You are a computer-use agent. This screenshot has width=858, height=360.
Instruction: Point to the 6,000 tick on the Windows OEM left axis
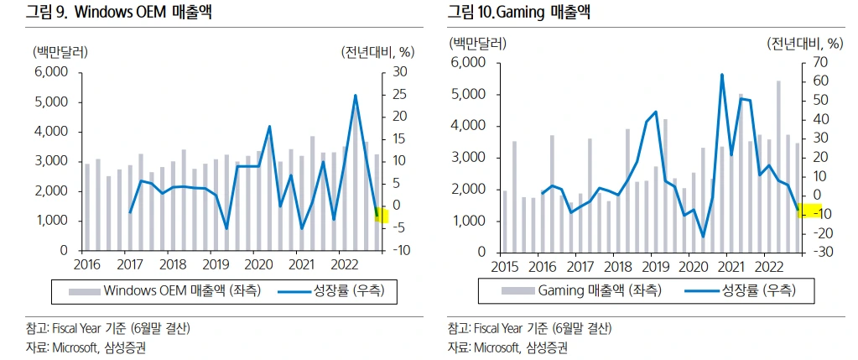click(51, 72)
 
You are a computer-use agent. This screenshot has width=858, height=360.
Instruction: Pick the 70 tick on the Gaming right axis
click(816, 63)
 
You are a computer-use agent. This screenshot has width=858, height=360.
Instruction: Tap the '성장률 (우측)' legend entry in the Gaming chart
click(754, 290)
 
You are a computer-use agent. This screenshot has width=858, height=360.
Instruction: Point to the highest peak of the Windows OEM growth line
click(356, 96)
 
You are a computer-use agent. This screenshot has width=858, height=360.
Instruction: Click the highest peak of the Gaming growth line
click(721, 75)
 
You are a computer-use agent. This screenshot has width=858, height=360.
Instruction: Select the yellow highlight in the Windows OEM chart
click(382, 214)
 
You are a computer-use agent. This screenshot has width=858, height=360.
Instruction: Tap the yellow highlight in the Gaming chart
click(808, 210)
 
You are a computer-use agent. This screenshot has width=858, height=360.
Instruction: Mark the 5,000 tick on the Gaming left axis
click(468, 94)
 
